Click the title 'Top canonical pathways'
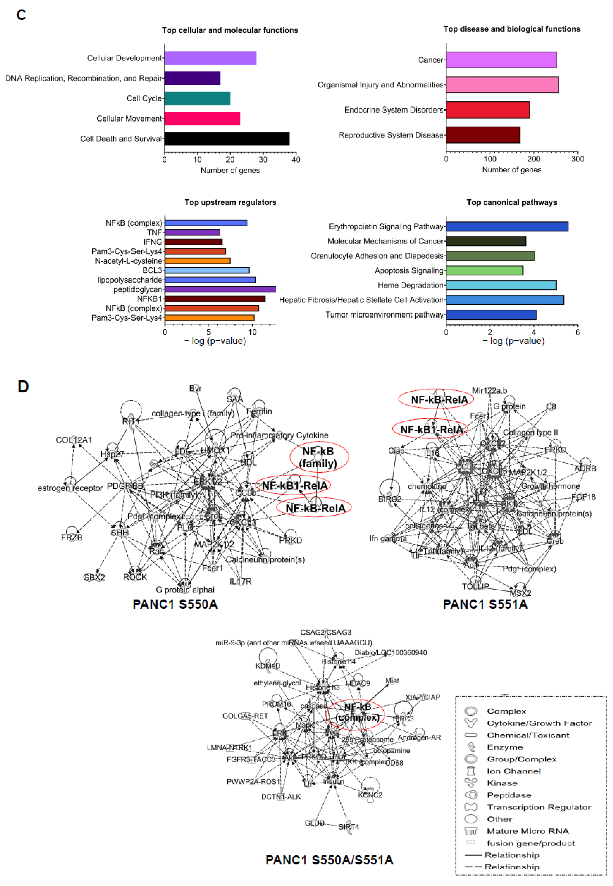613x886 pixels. [x=512, y=202]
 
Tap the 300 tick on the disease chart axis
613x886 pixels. [x=578, y=159]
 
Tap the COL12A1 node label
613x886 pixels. [x=74, y=440]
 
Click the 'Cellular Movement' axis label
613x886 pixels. [x=129, y=119]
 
